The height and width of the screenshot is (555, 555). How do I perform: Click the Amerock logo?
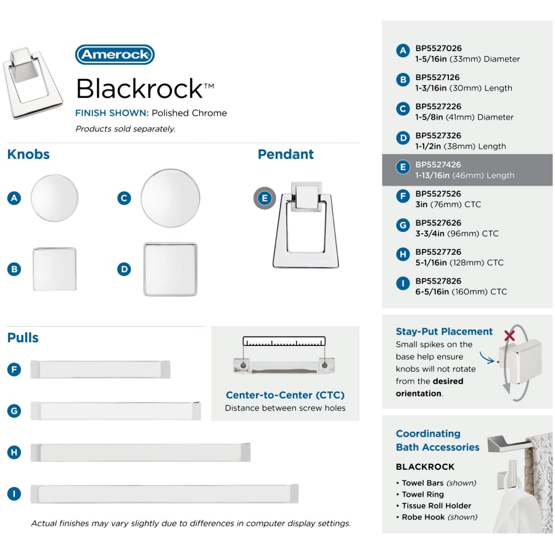pos(115,54)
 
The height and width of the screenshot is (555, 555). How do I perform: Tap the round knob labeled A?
pos(55,198)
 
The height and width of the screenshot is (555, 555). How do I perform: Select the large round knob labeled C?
pos(170,198)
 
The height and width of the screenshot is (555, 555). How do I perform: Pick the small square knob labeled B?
pos(54,269)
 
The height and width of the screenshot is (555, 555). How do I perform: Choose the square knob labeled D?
pos(170,269)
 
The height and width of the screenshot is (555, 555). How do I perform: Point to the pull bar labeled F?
pos(100,369)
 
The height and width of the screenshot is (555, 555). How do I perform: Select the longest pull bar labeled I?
pos(164,493)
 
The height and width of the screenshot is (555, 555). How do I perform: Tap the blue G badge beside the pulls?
pos(15,411)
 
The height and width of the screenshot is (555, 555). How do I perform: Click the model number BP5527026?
pos(438,48)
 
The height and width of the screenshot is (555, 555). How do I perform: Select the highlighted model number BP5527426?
pos(438,165)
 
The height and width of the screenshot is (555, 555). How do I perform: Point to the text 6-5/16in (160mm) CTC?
pos(461,292)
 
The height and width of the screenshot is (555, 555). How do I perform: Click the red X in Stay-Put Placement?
pos(509,335)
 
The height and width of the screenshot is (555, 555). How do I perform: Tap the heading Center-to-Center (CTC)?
pos(285,395)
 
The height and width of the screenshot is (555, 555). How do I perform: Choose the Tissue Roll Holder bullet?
pos(437,506)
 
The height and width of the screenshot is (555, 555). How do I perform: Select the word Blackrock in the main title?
pos(139,89)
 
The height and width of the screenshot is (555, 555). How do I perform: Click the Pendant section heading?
pos(286,154)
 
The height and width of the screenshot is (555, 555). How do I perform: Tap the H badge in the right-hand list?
pos(403,254)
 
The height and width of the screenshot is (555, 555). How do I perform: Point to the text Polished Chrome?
pos(189,113)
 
